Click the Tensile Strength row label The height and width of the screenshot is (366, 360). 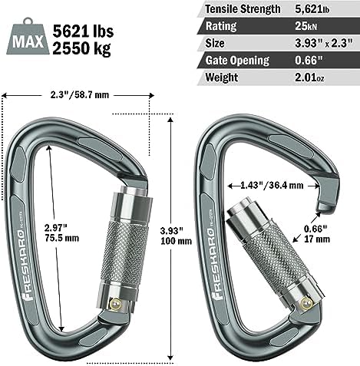click(x=239, y=10)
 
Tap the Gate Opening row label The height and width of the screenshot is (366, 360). click(x=236, y=61)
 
